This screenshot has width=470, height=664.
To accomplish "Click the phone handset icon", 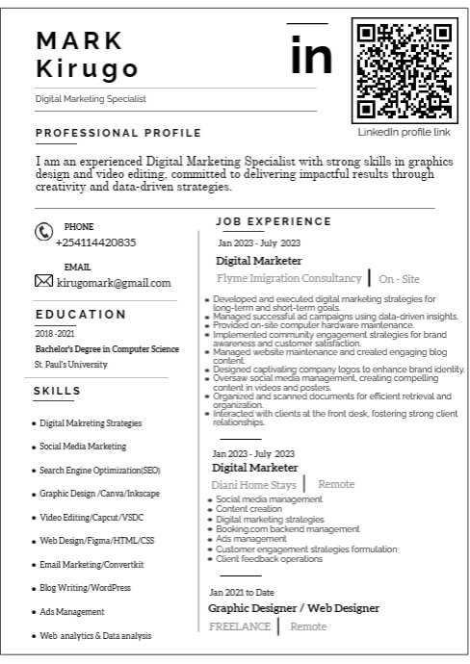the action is click(43, 232).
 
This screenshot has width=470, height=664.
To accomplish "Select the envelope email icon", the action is click(43, 282).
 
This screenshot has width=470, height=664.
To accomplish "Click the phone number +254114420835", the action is click(95, 243).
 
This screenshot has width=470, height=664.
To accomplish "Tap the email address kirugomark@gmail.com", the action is click(114, 283).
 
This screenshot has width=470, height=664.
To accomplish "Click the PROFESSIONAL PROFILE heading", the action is click(117, 133).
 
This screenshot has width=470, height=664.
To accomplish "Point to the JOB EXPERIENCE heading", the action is click(273, 221).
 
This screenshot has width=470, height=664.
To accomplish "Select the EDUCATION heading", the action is click(81, 314).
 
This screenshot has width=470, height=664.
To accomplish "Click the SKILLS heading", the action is click(57, 391).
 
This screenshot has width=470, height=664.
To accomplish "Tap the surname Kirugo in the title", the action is click(87, 69).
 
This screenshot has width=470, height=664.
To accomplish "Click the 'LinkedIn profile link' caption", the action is click(404, 132).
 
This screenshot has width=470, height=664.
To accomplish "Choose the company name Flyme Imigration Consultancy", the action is click(289, 278).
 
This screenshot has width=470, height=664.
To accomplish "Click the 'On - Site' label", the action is click(399, 279).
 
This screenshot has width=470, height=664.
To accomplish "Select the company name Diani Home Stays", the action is click(252, 484).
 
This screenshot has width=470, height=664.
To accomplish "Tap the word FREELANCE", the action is click(239, 626).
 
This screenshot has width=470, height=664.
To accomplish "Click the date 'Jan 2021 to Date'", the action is click(242, 592).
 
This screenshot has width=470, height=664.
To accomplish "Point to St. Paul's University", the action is click(71, 365).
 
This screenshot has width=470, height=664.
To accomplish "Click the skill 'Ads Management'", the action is click(72, 611).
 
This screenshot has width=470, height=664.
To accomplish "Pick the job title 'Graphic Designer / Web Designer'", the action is click(294, 608).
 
